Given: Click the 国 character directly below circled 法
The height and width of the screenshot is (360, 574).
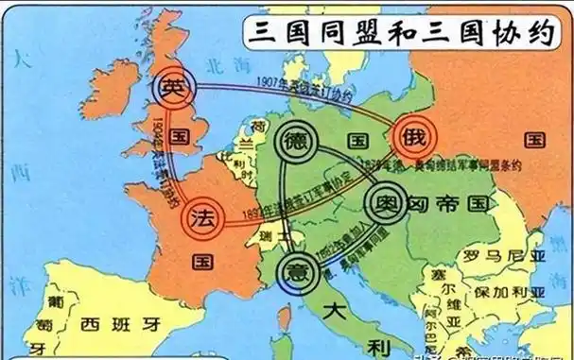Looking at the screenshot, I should pyautogui.click(x=201, y=259).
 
